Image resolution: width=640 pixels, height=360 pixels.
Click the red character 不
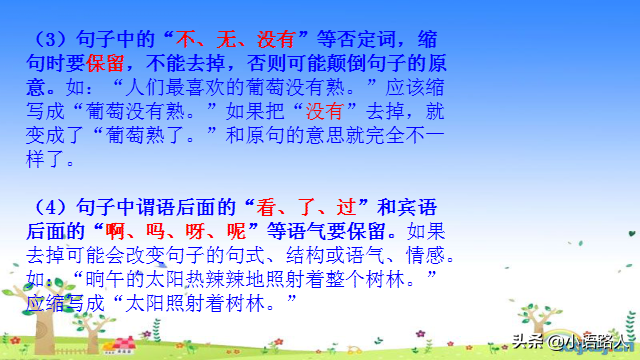pyautogui.click(x=186, y=40)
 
